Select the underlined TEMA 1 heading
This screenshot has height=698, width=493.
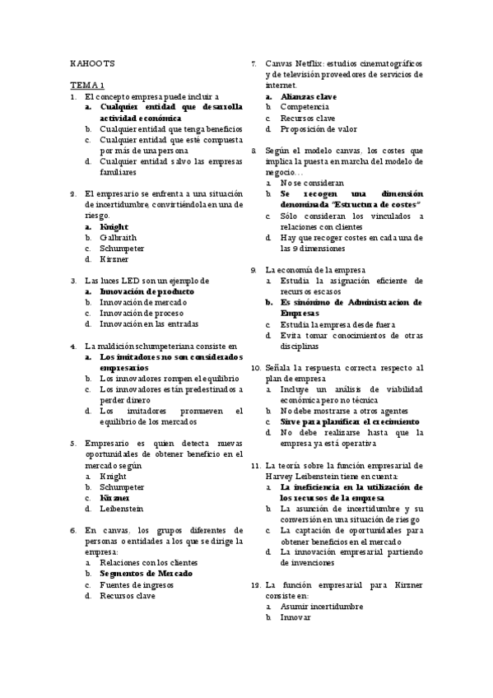coord(87,85)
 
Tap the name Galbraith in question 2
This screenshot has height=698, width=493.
coord(119,236)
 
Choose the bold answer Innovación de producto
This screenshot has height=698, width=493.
coord(147,291)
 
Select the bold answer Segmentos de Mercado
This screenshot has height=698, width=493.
coord(146,573)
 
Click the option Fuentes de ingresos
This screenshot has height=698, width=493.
coord(137,584)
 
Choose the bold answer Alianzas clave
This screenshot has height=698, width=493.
coord(308,96)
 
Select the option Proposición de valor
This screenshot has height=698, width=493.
coord(319,128)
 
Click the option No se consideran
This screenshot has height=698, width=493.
coord(312,182)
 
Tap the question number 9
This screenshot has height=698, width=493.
coord(254,269)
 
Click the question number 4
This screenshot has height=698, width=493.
coord(74,347)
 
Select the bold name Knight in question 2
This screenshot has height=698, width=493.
coord(115,226)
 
